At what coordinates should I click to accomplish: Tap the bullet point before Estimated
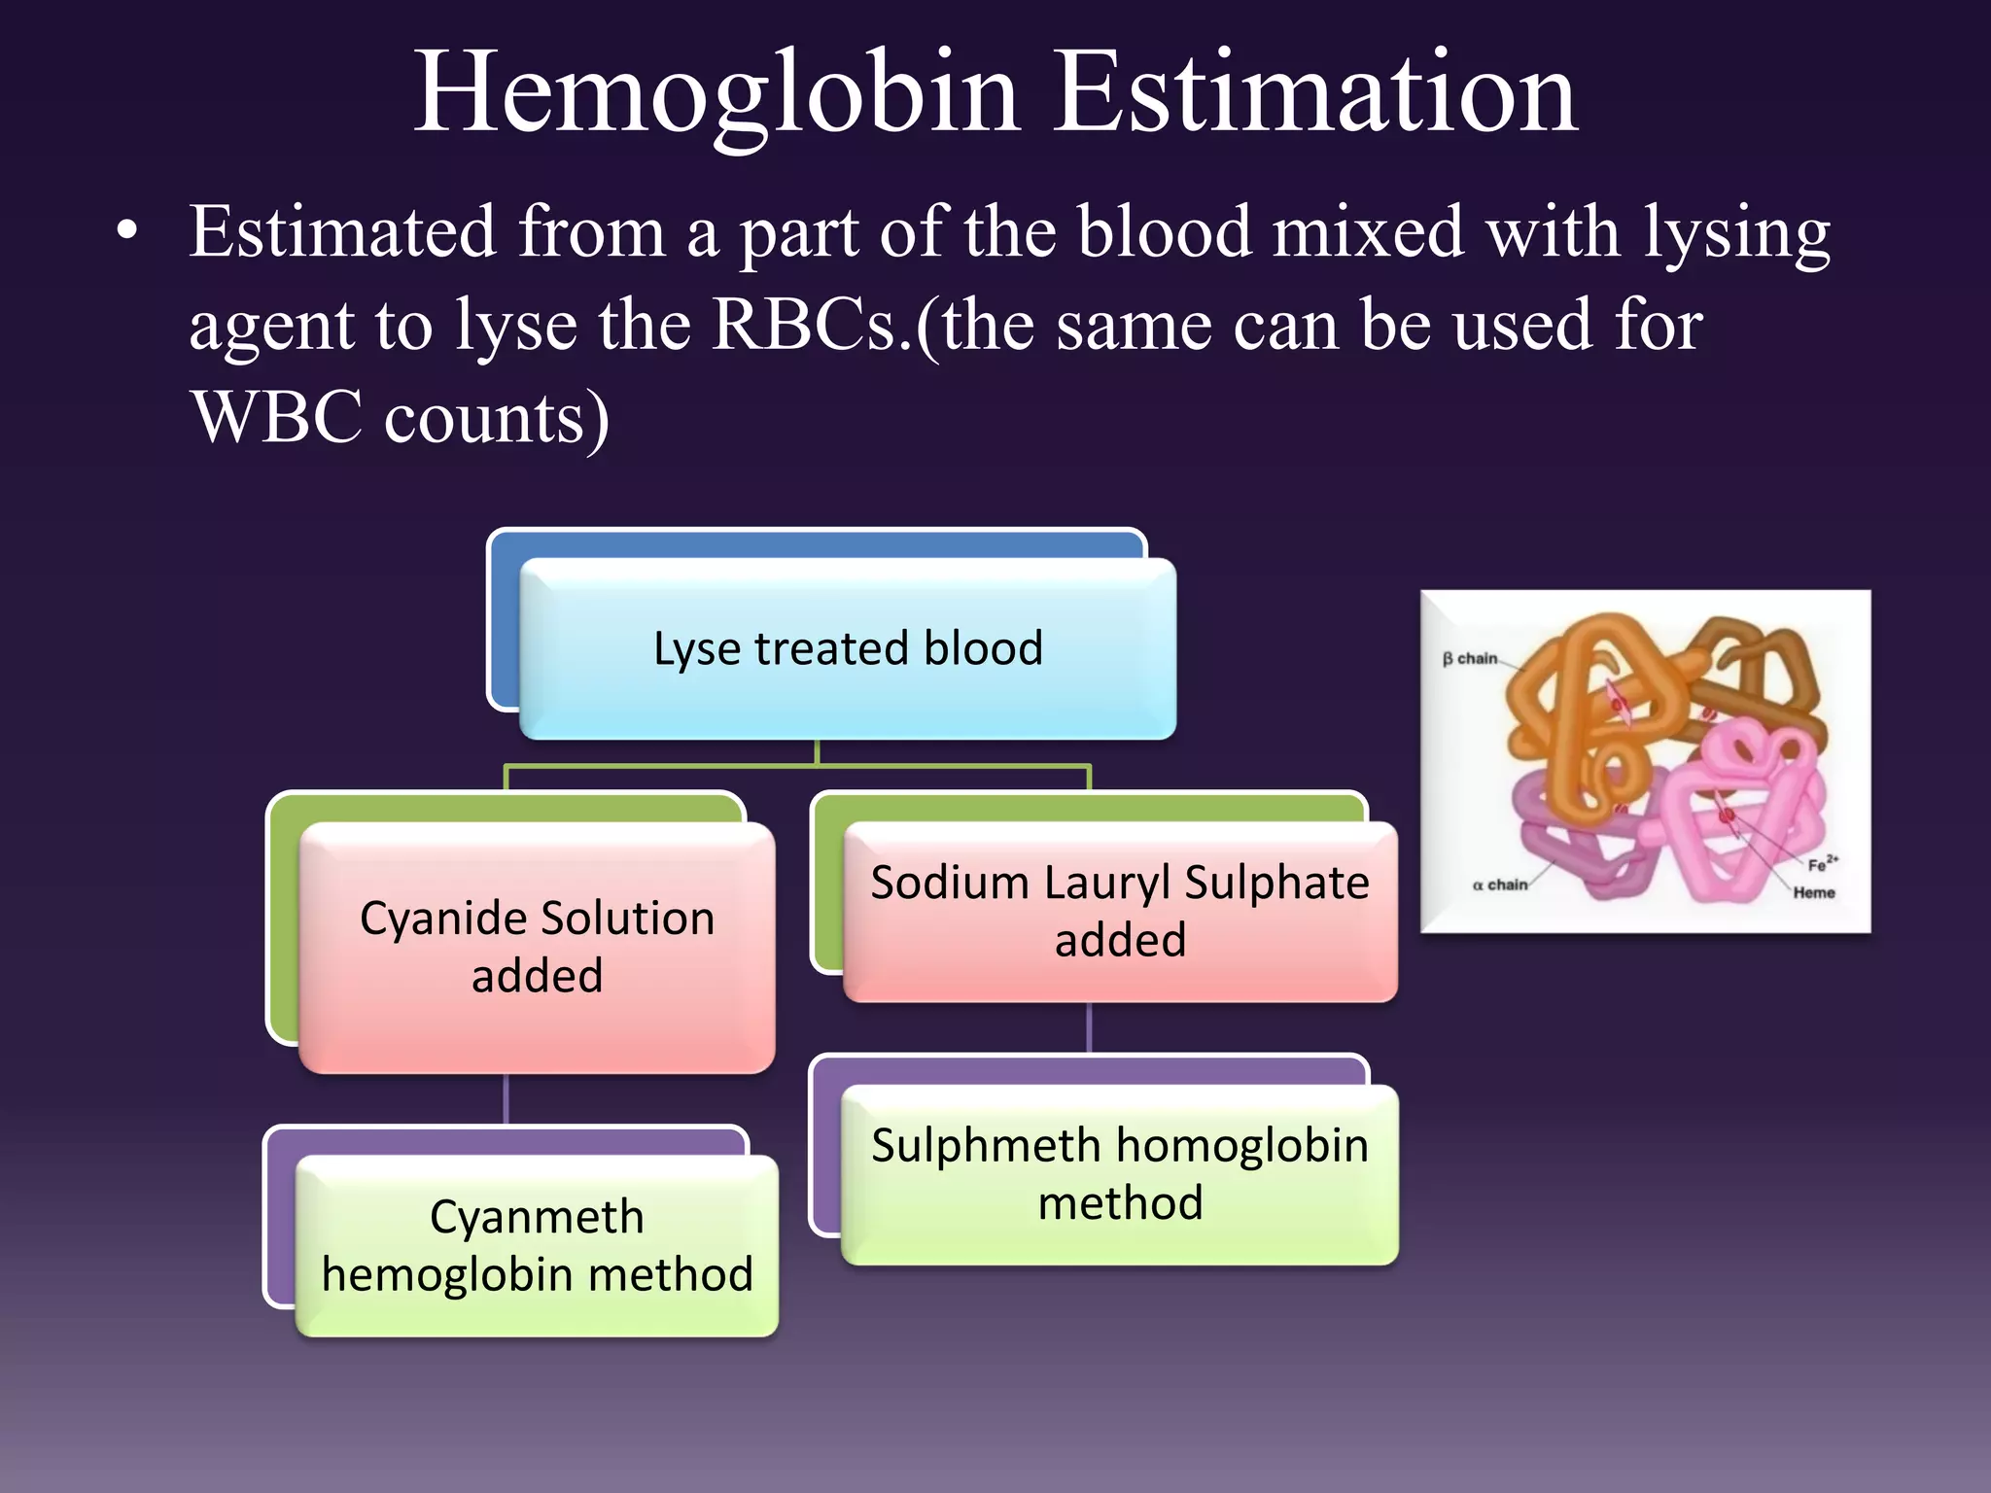[x=126, y=233]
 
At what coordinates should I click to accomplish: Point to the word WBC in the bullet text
[x=276, y=418]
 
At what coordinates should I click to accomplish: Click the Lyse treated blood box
[x=848, y=648]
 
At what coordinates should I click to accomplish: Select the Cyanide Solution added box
[x=537, y=947]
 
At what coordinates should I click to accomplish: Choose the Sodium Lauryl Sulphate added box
[x=1120, y=911]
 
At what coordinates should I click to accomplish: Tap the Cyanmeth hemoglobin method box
[x=537, y=1245]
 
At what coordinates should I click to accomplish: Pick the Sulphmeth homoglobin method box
[x=1120, y=1174]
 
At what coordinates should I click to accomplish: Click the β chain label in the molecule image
[x=1470, y=659]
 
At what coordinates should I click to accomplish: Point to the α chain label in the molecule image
[x=1499, y=885]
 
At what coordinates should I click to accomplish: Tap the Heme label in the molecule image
[x=1814, y=892]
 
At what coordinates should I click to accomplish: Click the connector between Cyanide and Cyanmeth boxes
[x=506, y=1099]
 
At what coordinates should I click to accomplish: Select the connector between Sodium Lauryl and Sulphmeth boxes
[x=1089, y=1028]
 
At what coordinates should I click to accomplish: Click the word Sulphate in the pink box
[x=1276, y=883]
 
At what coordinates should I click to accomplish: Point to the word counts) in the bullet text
[x=497, y=418]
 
